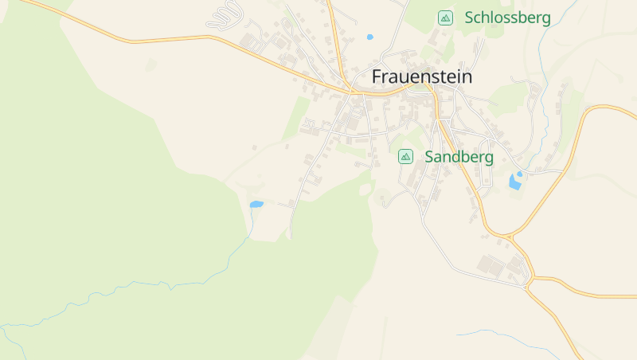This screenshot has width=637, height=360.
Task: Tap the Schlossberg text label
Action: click(x=507, y=18)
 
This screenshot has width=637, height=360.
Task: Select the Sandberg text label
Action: click(x=459, y=157)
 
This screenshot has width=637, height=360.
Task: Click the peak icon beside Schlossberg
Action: click(x=446, y=18)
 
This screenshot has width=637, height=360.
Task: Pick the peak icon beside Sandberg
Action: click(x=405, y=157)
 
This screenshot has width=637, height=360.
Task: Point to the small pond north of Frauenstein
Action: click(x=369, y=37)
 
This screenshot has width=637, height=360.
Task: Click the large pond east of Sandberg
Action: click(x=514, y=183)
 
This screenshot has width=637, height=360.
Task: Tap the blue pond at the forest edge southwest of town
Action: click(x=256, y=205)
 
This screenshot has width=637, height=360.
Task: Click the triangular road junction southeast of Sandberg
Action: click(x=508, y=237)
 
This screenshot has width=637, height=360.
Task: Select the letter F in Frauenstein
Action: click(x=377, y=77)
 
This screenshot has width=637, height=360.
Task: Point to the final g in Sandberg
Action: click(x=488, y=158)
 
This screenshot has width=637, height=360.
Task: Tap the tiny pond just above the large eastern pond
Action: click(x=519, y=173)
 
